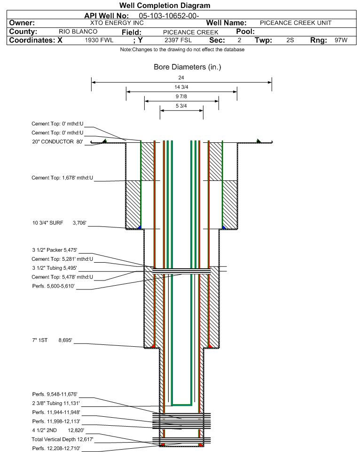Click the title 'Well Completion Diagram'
coord(164,6)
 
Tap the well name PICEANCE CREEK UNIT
coord(296,23)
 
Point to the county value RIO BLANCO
coord(78,31)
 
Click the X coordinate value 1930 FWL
coord(99,40)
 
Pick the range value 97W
coord(341,40)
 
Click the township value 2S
coord(290,40)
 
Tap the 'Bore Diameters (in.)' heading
coord(187,67)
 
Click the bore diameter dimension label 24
coord(181,78)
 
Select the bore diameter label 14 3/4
coord(181,87)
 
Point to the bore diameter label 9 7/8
coord(181,97)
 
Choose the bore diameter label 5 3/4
coord(181,106)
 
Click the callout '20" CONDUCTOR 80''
coord(57,141)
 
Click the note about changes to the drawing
coord(182,50)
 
